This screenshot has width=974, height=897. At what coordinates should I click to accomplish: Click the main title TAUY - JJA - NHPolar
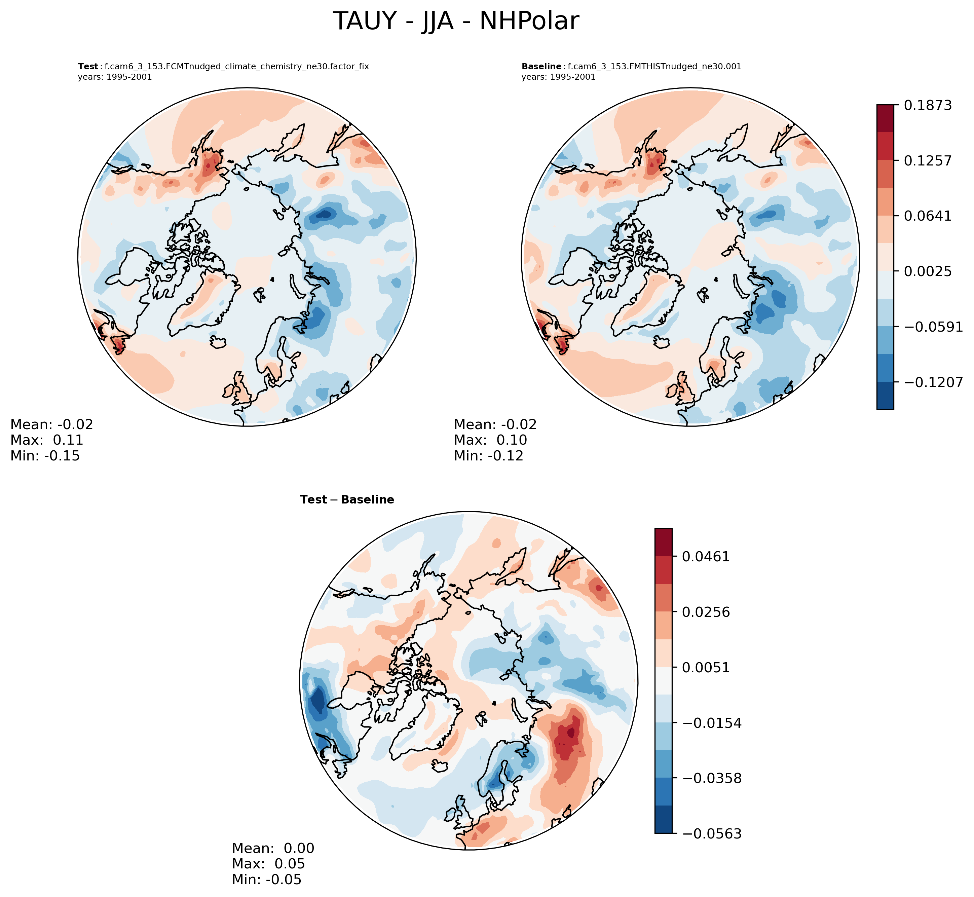pyautogui.click(x=456, y=22)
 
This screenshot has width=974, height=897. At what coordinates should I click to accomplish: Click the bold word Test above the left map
pyautogui.click(x=88, y=67)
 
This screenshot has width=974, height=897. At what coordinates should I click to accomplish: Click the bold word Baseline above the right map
pyautogui.click(x=541, y=67)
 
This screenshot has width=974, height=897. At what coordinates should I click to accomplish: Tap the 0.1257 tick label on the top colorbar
pyautogui.click(x=927, y=161)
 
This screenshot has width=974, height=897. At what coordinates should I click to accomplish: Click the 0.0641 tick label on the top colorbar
pyautogui.click(x=927, y=216)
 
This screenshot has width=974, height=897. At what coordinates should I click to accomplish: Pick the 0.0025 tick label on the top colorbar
pyautogui.click(x=927, y=271)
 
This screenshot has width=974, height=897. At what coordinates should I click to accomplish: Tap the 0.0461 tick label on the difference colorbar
pyautogui.click(x=706, y=556)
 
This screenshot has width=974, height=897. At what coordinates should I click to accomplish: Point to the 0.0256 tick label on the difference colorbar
pyautogui.click(x=706, y=612)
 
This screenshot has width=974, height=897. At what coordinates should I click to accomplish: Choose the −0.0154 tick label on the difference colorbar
pyautogui.click(x=711, y=723)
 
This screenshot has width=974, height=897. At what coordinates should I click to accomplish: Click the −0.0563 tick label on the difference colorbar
pyautogui.click(x=711, y=834)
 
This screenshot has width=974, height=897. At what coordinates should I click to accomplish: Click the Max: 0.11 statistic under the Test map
pyautogui.click(x=47, y=440)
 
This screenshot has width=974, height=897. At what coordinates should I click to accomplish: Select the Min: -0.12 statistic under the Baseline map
pyautogui.click(x=489, y=456)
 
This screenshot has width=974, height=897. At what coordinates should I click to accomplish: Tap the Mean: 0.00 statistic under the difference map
pyautogui.click(x=273, y=849)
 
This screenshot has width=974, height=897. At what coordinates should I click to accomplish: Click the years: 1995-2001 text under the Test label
pyautogui.click(x=115, y=77)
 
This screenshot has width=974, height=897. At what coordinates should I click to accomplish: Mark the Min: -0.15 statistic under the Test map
pyautogui.click(x=45, y=456)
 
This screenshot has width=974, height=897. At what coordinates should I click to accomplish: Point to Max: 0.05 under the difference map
pyautogui.click(x=268, y=864)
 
